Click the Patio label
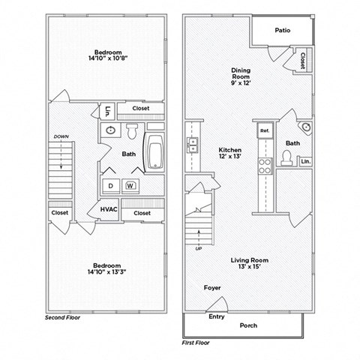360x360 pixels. [x=282, y=31]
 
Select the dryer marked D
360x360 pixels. [x=109, y=186]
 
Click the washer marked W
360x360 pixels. [x=130, y=186]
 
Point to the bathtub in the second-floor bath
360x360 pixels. [x=155, y=154]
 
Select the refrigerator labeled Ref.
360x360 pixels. [x=264, y=130]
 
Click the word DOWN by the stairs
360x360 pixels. [x=61, y=136]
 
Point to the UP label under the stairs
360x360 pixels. [x=199, y=248]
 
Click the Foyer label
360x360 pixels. [x=211, y=287]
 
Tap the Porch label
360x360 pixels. [x=247, y=325]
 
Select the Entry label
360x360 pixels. [x=217, y=316]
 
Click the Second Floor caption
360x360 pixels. [x=61, y=318]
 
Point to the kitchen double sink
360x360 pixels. [x=193, y=148]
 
